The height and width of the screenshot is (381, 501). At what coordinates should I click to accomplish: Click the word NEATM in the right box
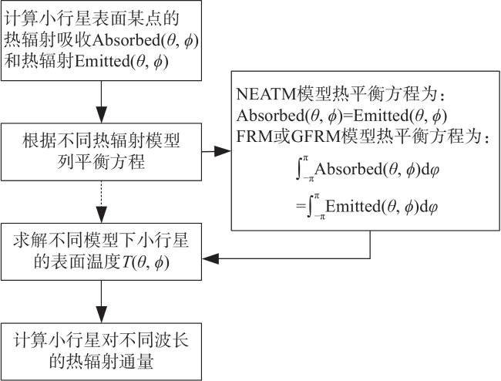(x=266, y=94)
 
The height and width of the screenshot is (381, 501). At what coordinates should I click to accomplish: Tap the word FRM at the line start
(x=255, y=137)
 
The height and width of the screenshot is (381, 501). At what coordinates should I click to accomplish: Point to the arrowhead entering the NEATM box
(x=223, y=151)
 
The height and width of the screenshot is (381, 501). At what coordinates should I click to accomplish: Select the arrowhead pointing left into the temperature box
(x=210, y=258)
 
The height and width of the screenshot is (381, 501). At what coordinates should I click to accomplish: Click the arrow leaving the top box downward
(x=101, y=102)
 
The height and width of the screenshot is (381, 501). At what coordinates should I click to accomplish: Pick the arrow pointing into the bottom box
(x=101, y=302)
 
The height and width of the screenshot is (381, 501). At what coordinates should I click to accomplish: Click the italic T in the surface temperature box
(x=125, y=262)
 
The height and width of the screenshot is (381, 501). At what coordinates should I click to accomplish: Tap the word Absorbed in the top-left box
(x=127, y=40)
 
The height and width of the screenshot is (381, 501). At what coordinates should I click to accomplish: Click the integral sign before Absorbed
(x=299, y=170)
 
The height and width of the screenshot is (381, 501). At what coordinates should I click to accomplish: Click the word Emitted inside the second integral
(x=353, y=206)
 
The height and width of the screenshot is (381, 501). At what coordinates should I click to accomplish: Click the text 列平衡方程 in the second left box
(x=101, y=161)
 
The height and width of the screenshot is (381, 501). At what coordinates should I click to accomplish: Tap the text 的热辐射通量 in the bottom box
(x=101, y=362)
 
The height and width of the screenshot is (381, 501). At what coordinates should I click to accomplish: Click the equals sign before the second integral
(x=301, y=206)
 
